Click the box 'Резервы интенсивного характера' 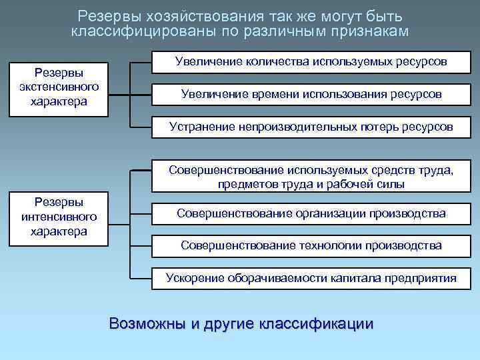(x=58, y=217)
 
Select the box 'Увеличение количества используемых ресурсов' (x=311, y=62)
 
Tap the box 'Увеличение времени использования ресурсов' (x=311, y=94)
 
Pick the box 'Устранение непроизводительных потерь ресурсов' (x=311, y=126)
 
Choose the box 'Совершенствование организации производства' (x=311, y=213)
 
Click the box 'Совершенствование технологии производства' (x=311, y=245)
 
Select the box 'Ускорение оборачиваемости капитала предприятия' (x=311, y=278)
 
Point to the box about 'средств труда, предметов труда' (x=311, y=177)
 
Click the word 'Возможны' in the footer (x=147, y=324)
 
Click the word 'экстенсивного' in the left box (x=58, y=87)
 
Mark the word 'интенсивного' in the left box (x=58, y=217)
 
